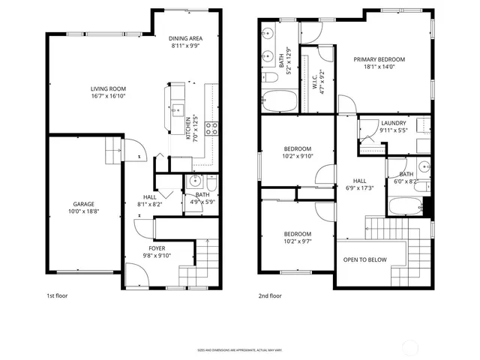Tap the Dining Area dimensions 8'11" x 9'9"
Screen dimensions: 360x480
point(184,46)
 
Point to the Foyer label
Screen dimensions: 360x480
point(157,248)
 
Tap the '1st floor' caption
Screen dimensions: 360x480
point(57,296)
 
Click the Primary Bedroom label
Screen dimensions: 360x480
point(379,60)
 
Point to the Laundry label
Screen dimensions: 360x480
point(393,123)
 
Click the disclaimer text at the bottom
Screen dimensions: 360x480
point(240,349)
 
